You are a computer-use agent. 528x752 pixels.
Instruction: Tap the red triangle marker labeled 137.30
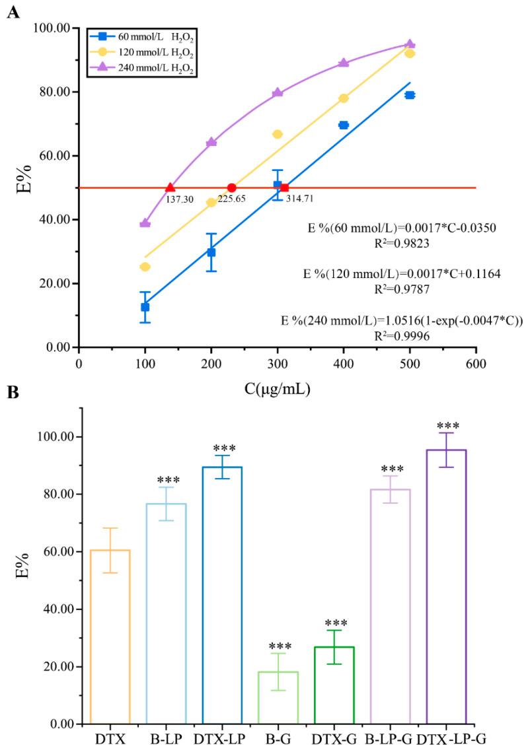pos(170,188)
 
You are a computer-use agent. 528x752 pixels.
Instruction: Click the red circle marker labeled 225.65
pos(231,188)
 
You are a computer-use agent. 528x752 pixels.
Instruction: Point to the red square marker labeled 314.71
pos(284,188)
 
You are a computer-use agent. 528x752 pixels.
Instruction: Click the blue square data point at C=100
pos(145,307)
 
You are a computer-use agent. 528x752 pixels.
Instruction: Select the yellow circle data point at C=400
pos(344,98)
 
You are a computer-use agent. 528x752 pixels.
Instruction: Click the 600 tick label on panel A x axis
pos(475,364)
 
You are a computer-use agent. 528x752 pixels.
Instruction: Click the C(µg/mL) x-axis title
pos(277,389)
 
